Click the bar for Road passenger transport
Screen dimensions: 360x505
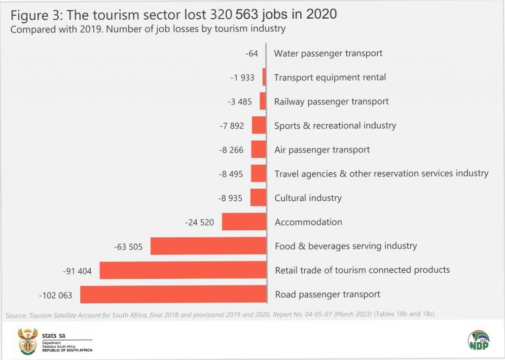pos(173,294)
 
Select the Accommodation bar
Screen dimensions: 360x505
pos(244,222)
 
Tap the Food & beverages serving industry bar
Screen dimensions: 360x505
pos(208,246)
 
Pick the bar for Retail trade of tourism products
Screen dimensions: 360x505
pos(183,270)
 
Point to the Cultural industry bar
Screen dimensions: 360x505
pos(258,198)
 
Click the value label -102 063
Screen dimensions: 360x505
pos(55,295)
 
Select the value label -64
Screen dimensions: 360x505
pos(252,53)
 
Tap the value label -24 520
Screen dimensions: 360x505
pos(200,222)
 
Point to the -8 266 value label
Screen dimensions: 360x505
pos(231,150)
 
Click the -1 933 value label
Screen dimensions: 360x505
pos(242,77)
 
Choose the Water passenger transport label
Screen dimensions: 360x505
pos(328,53)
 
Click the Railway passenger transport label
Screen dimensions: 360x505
pos(331,102)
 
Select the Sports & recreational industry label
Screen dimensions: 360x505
pos(335,126)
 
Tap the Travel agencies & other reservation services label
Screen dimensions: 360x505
pos(381,174)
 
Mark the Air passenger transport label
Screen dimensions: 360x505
pos(322,150)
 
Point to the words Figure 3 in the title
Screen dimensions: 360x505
pos(35,14)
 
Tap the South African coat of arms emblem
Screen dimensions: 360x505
pos(28,341)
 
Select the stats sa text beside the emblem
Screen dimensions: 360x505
pos(55,335)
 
